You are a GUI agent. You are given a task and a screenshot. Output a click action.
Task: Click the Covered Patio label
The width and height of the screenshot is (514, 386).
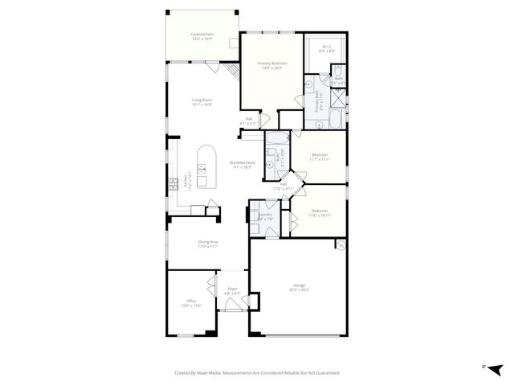click(x=202, y=37)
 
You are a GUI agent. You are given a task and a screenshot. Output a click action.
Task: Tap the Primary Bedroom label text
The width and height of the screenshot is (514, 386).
click(x=271, y=65)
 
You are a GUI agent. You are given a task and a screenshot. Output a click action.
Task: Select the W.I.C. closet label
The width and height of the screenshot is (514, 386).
click(x=326, y=49)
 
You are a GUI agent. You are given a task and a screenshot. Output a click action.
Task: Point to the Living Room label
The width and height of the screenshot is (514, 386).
click(x=201, y=102)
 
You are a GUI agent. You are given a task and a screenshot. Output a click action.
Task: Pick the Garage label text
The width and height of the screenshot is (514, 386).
click(x=298, y=288)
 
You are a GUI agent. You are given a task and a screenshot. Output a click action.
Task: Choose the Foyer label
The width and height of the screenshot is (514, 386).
click(x=232, y=291)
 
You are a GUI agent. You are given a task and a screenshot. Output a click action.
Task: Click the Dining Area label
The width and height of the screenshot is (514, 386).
click(x=208, y=244)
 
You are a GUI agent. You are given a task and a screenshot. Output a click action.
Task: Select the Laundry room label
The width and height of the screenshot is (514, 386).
click(x=264, y=216)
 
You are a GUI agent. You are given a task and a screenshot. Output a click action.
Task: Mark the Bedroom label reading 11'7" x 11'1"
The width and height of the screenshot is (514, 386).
click(x=319, y=156)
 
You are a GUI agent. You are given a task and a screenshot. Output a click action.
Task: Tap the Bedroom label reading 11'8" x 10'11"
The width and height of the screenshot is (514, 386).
click(x=319, y=212)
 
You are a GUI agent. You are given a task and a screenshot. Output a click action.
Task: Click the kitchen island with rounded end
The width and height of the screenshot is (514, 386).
click(x=206, y=166)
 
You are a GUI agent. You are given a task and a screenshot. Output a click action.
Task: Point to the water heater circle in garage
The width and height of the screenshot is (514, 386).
click(x=341, y=244)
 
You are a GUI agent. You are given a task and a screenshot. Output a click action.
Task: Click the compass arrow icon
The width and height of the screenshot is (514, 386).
click(x=496, y=369)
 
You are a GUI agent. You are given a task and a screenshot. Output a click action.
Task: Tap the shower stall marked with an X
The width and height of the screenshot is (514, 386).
click(x=337, y=101)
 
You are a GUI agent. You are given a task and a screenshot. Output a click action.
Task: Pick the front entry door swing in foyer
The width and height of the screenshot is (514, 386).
click(x=233, y=306)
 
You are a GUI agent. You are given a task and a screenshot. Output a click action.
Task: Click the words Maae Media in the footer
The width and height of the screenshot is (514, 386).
click(x=210, y=373)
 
